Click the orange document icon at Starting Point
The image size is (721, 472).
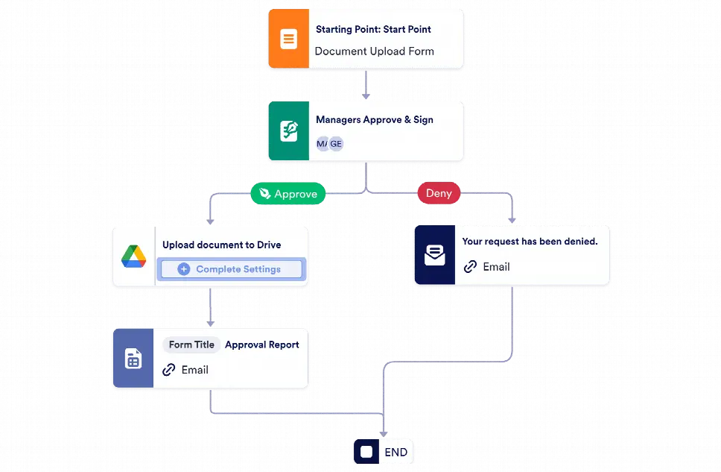tap(288, 39)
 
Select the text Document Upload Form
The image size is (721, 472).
tap(374, 51)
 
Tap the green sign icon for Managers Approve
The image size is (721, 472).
tap(288, 131)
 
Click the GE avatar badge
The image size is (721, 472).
tap(336, 143)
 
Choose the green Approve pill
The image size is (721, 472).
tap(288, 194)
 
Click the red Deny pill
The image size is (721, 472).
tap(439, 193)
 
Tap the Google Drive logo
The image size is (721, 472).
tap(133, 257)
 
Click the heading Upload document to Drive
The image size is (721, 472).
tap(221, 245)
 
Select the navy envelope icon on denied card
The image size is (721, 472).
tap(434, 256)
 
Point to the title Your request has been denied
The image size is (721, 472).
tap(530, 242)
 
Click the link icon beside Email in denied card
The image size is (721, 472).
tap(470, 266)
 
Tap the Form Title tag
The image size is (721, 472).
tap(191, 344)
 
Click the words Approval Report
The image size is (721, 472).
tap(262, 344)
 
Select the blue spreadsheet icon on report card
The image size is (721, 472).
tap(133, 359)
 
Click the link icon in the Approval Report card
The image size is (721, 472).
tap(169, 370)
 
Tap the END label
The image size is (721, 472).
tap(396, 452)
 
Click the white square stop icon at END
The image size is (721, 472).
tap(366, 452)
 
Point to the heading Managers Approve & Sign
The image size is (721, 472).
tap(374, 119)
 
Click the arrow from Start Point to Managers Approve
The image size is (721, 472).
tap(366, 86)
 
